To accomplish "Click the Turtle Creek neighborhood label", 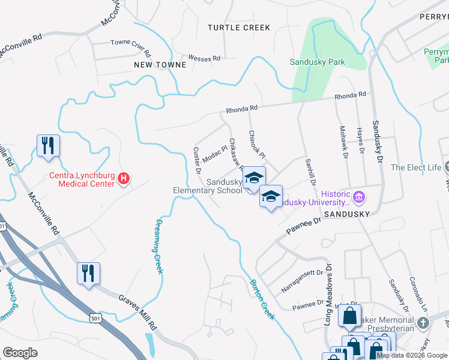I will (x=238, y=28).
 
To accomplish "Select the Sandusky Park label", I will (x=317, y=62).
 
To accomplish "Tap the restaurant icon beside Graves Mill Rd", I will (x=88, y=274).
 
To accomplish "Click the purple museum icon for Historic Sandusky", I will (x=359, y=196).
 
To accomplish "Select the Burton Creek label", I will (x=262, y=299).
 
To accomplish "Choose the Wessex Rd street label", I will (x=204, y=58).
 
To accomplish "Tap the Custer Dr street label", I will (x=197, y=160).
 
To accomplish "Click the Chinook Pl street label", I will (x=257, y=144).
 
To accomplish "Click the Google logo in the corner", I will (x=20, y=353).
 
